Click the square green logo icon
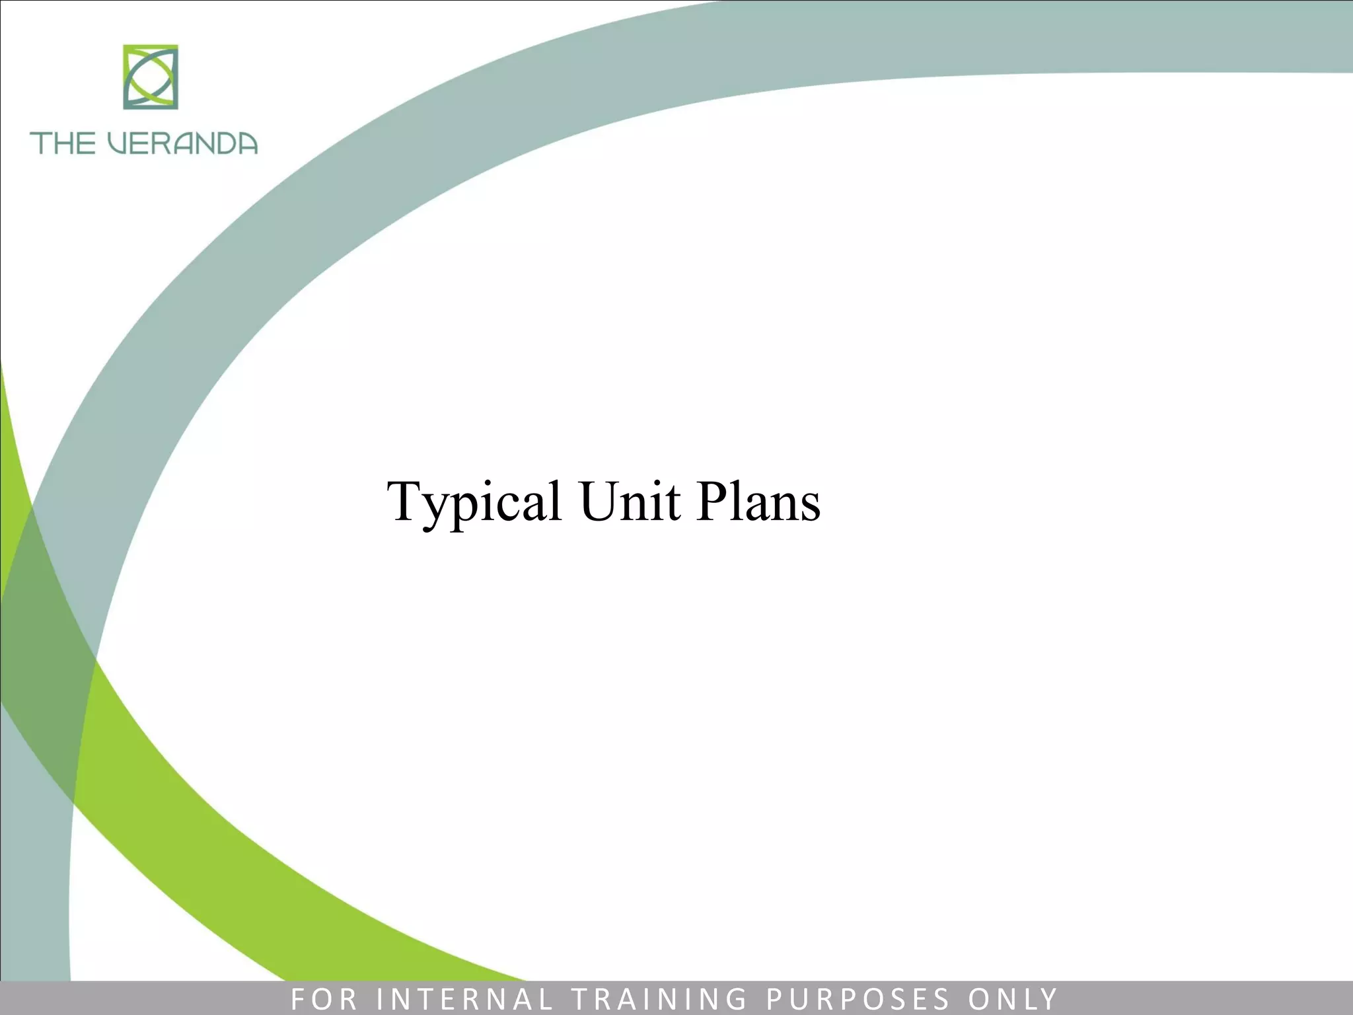point(151,77)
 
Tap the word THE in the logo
point(63,143)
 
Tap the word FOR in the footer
point(324,998)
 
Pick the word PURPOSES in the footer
point(858,998)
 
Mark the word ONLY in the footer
point(1013,998)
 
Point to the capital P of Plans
point(711,500)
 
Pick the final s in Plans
point(811,507)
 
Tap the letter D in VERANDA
point(221,143)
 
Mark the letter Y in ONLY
point(1049,998)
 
